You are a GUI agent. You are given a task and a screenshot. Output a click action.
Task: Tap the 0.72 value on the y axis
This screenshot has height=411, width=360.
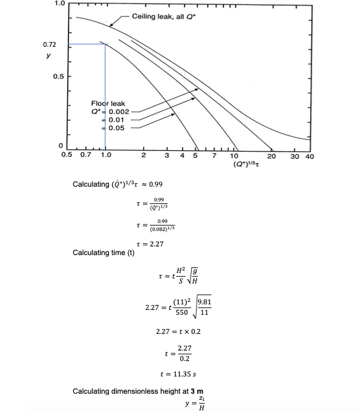(x=49, y=45)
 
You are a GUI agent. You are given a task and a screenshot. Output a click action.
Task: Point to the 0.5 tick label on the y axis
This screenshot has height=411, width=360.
(x=57, y=77)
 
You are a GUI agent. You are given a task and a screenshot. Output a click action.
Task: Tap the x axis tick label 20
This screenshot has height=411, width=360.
(x=271, y=157)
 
